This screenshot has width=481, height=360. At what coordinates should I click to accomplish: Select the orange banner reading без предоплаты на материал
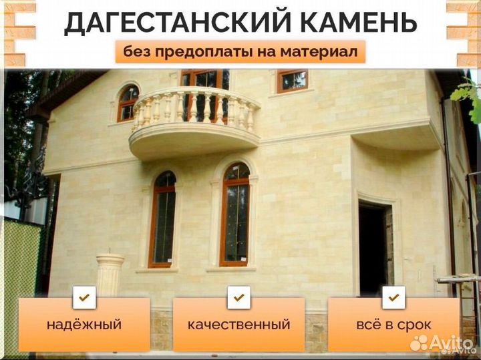tap(240, 52)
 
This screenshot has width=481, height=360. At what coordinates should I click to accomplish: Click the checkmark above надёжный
tap(84, 297)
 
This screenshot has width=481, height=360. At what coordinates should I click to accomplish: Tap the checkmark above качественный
tap(238, 297)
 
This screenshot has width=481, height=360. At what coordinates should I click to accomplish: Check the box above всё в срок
tap(393, 297)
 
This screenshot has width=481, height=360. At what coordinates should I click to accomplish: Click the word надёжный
tap(84, 325)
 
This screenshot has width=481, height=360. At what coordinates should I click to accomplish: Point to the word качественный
tap(238, 325)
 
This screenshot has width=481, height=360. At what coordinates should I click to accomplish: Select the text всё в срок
tap(394, 325)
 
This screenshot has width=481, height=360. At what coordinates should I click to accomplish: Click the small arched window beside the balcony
tap(128, 103)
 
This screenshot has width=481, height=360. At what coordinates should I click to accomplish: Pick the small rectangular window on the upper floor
tap(293, 81)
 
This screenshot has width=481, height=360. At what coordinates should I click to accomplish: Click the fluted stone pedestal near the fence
tap(110, 275)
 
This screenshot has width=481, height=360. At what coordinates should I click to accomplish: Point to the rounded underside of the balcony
tap(193, 144)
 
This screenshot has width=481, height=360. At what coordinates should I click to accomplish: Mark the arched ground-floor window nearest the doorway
tap(234, 214)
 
